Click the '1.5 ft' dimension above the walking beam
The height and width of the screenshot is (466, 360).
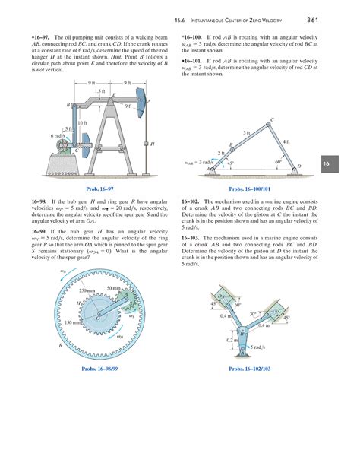point(103,90)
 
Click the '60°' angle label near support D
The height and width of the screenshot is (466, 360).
point(278,161)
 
